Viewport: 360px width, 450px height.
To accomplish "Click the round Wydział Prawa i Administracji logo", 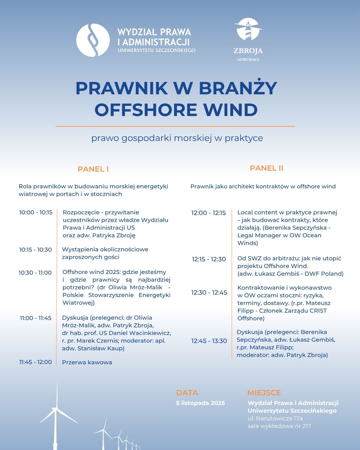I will pos(93,40).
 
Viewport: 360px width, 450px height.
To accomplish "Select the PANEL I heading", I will pos(93,169).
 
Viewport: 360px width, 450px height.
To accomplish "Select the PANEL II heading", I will pos(266,168).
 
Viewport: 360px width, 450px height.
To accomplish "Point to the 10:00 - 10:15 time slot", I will pos(36,213).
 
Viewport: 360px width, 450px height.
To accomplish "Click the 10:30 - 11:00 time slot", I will pos(35,273).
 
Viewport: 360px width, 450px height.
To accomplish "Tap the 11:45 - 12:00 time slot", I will pos(35,362).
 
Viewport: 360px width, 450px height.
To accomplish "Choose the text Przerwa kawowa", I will pos(87,362).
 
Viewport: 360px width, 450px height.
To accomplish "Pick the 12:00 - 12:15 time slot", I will pos(208,213).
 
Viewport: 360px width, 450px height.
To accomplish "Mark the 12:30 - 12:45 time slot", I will pos(209,293).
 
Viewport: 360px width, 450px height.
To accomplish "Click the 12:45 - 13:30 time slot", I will pos(209,341).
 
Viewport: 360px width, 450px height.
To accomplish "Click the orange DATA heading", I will pos(187,393).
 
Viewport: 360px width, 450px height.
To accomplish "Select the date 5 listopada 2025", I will pos(200,403).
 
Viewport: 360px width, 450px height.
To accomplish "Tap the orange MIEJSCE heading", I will pos(264,393).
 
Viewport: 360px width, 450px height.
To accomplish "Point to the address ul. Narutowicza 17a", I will pos(275,418).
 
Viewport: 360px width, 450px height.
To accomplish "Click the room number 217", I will pos(306,426).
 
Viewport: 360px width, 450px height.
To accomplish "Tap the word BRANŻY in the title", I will pos(238,88).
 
